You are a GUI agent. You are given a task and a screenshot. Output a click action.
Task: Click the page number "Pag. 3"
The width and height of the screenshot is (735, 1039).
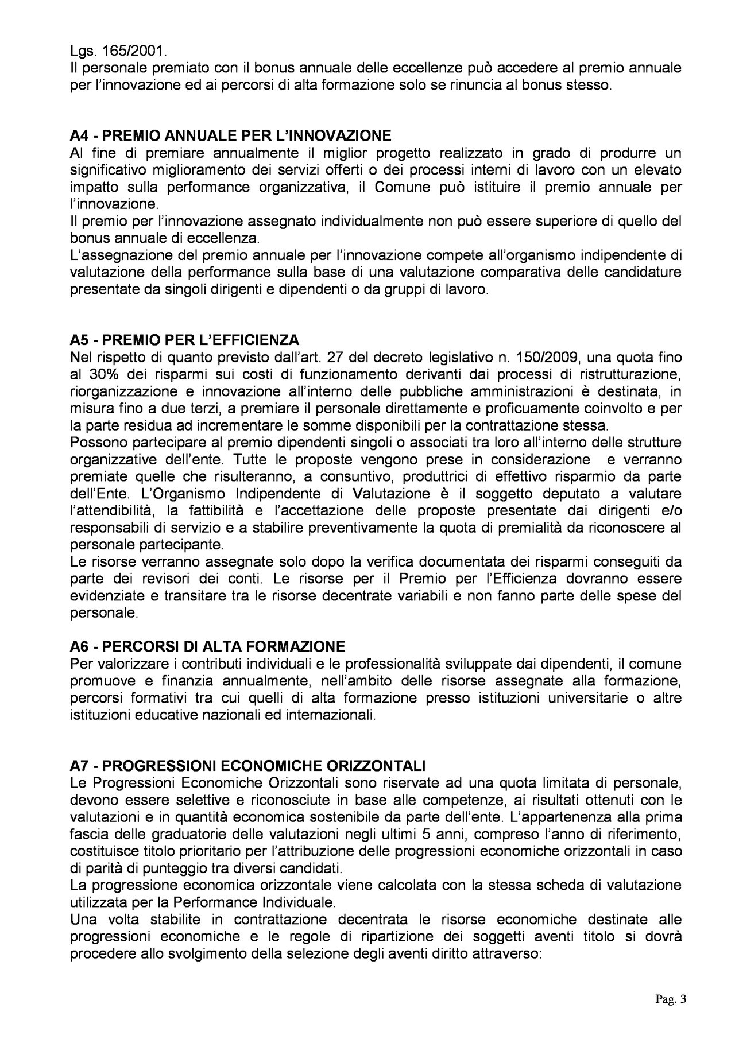click(670, 999)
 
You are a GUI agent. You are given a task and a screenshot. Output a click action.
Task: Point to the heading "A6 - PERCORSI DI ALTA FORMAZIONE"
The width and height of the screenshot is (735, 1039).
click(207, 646)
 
